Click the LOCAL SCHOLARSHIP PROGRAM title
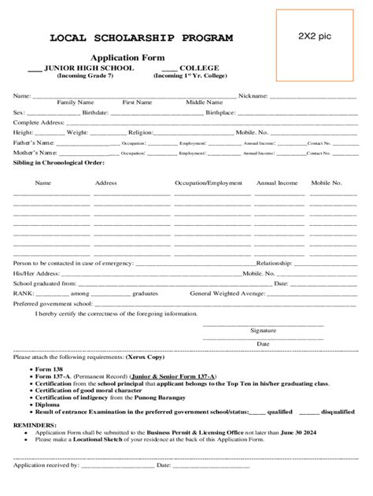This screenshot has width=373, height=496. pos(142,38)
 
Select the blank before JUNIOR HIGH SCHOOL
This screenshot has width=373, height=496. pos(35,68)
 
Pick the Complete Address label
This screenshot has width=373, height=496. pos(39,123)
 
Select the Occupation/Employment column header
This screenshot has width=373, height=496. pos(209,183)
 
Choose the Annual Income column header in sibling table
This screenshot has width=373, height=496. pos(277,183)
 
